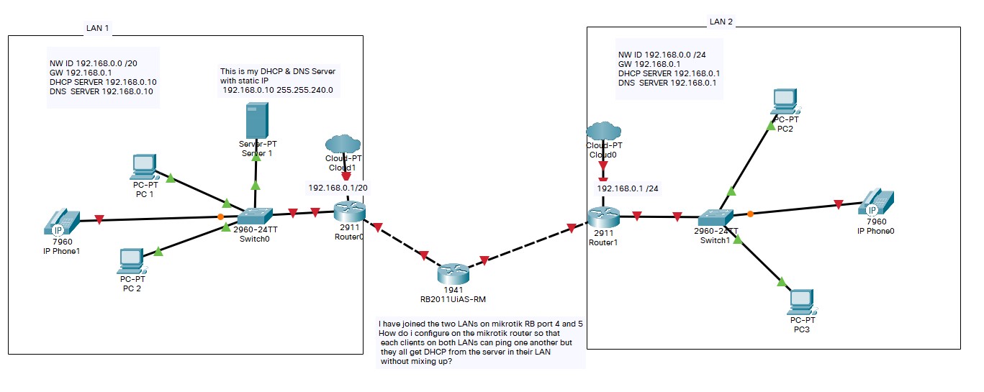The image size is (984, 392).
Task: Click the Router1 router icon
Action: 603,216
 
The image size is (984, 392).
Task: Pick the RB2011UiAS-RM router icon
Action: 452,274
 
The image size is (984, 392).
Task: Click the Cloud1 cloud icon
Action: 343,144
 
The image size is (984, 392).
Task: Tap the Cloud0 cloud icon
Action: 603,132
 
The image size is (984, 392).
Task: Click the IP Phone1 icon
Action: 62,223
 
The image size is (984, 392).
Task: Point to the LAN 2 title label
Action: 721,22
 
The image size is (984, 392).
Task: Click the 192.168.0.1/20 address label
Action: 338,188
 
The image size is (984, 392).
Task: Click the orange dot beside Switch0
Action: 221,216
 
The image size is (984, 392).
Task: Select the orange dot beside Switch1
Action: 750,214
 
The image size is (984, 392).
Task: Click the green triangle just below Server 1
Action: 255,185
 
